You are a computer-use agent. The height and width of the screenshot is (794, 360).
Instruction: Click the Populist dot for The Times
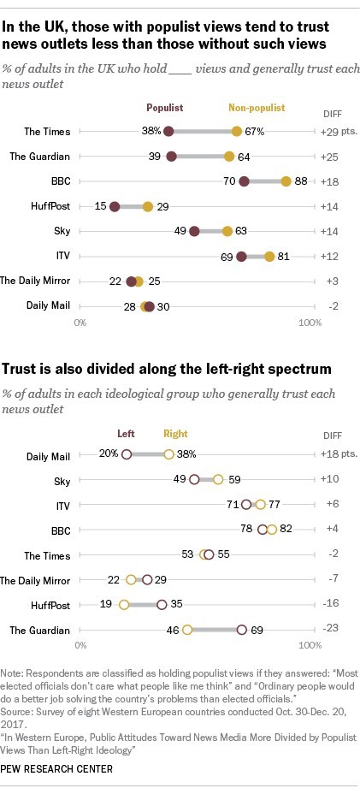(x=168, y=132)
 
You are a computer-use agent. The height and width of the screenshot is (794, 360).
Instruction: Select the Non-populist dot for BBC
(x=286, y=181)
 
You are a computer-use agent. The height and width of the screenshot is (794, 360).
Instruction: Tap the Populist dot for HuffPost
(x=115, y=206)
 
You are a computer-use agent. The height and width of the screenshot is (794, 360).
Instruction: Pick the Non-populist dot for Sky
(x=227, y=231)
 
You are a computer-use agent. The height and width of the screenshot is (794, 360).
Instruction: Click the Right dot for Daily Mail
(x=168, y=454)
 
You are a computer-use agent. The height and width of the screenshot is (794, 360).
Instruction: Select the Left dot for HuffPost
(x=162, y=604)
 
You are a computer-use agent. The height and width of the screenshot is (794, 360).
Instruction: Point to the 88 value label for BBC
(x=301, y=181)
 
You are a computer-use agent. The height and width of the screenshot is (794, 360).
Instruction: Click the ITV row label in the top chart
(x=60, y=256)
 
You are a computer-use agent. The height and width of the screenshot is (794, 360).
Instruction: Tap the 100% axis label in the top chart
(x=309, y=323)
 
